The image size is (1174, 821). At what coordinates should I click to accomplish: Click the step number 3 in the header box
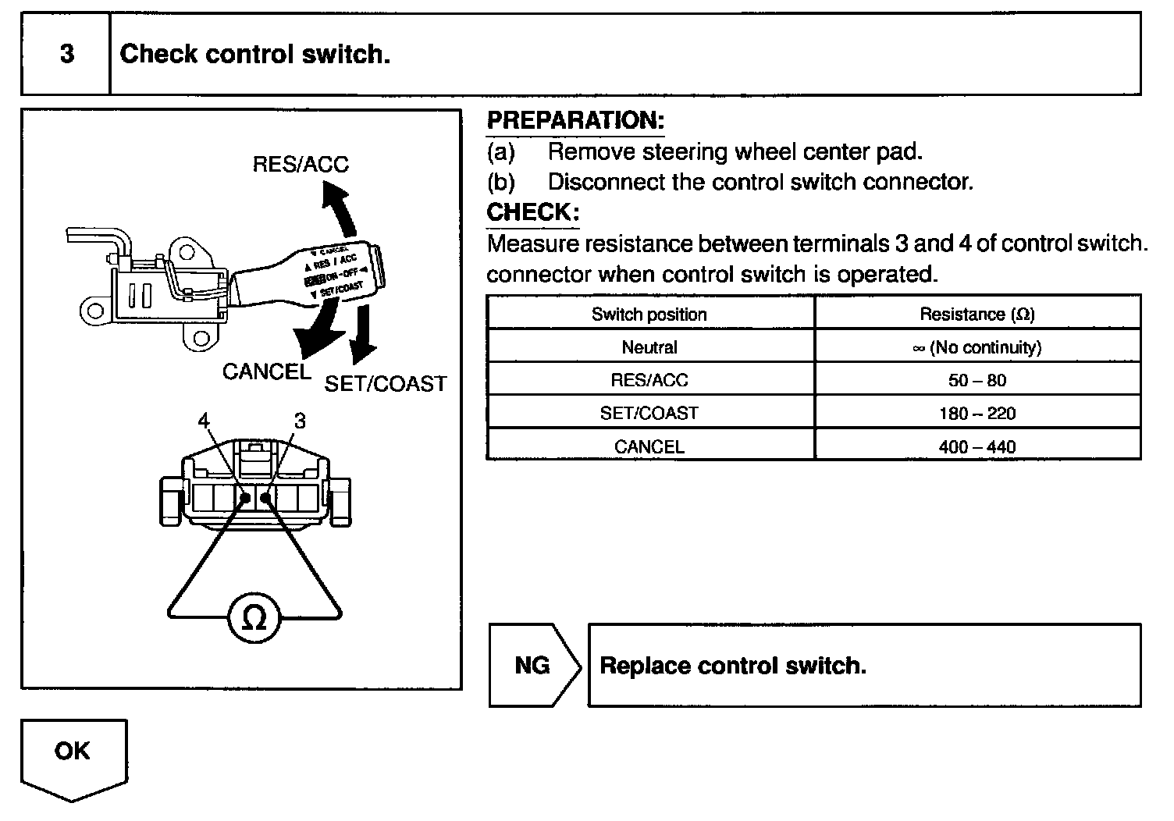[x=67, y=54]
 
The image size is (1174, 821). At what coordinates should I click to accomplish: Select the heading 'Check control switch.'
[x=254, y=54]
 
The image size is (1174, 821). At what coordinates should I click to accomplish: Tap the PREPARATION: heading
[x=575, y=120]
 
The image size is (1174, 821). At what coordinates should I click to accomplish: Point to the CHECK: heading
[x=533, y=212]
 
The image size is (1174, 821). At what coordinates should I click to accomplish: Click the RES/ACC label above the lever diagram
[x=301, y=165]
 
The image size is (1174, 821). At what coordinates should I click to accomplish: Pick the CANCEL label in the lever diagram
[x=266, y=371]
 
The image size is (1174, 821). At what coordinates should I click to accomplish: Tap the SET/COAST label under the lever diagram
[x=386, y=384]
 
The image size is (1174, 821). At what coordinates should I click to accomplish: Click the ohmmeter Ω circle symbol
[x=254, y=619]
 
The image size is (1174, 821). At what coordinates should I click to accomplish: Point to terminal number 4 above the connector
[x=204, y=421]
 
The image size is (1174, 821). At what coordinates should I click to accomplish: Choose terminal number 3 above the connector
[x=300, y=421]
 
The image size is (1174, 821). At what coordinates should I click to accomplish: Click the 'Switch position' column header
[x=649, y=315]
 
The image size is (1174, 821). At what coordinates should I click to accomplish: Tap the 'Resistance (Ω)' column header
[x=977, y=315]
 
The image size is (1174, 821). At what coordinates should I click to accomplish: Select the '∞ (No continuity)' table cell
[x=977, y=348]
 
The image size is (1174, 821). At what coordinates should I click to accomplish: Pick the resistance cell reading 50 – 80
[x=977, y=381]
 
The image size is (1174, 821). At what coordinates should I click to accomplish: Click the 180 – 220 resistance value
[x=977, y=414]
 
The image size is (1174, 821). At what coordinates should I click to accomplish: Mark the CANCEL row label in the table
[x=649, y=447]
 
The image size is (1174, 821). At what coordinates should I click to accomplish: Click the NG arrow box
[x=533, y=666]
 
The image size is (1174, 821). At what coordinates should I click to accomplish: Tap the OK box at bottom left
[x=73, y=752]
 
